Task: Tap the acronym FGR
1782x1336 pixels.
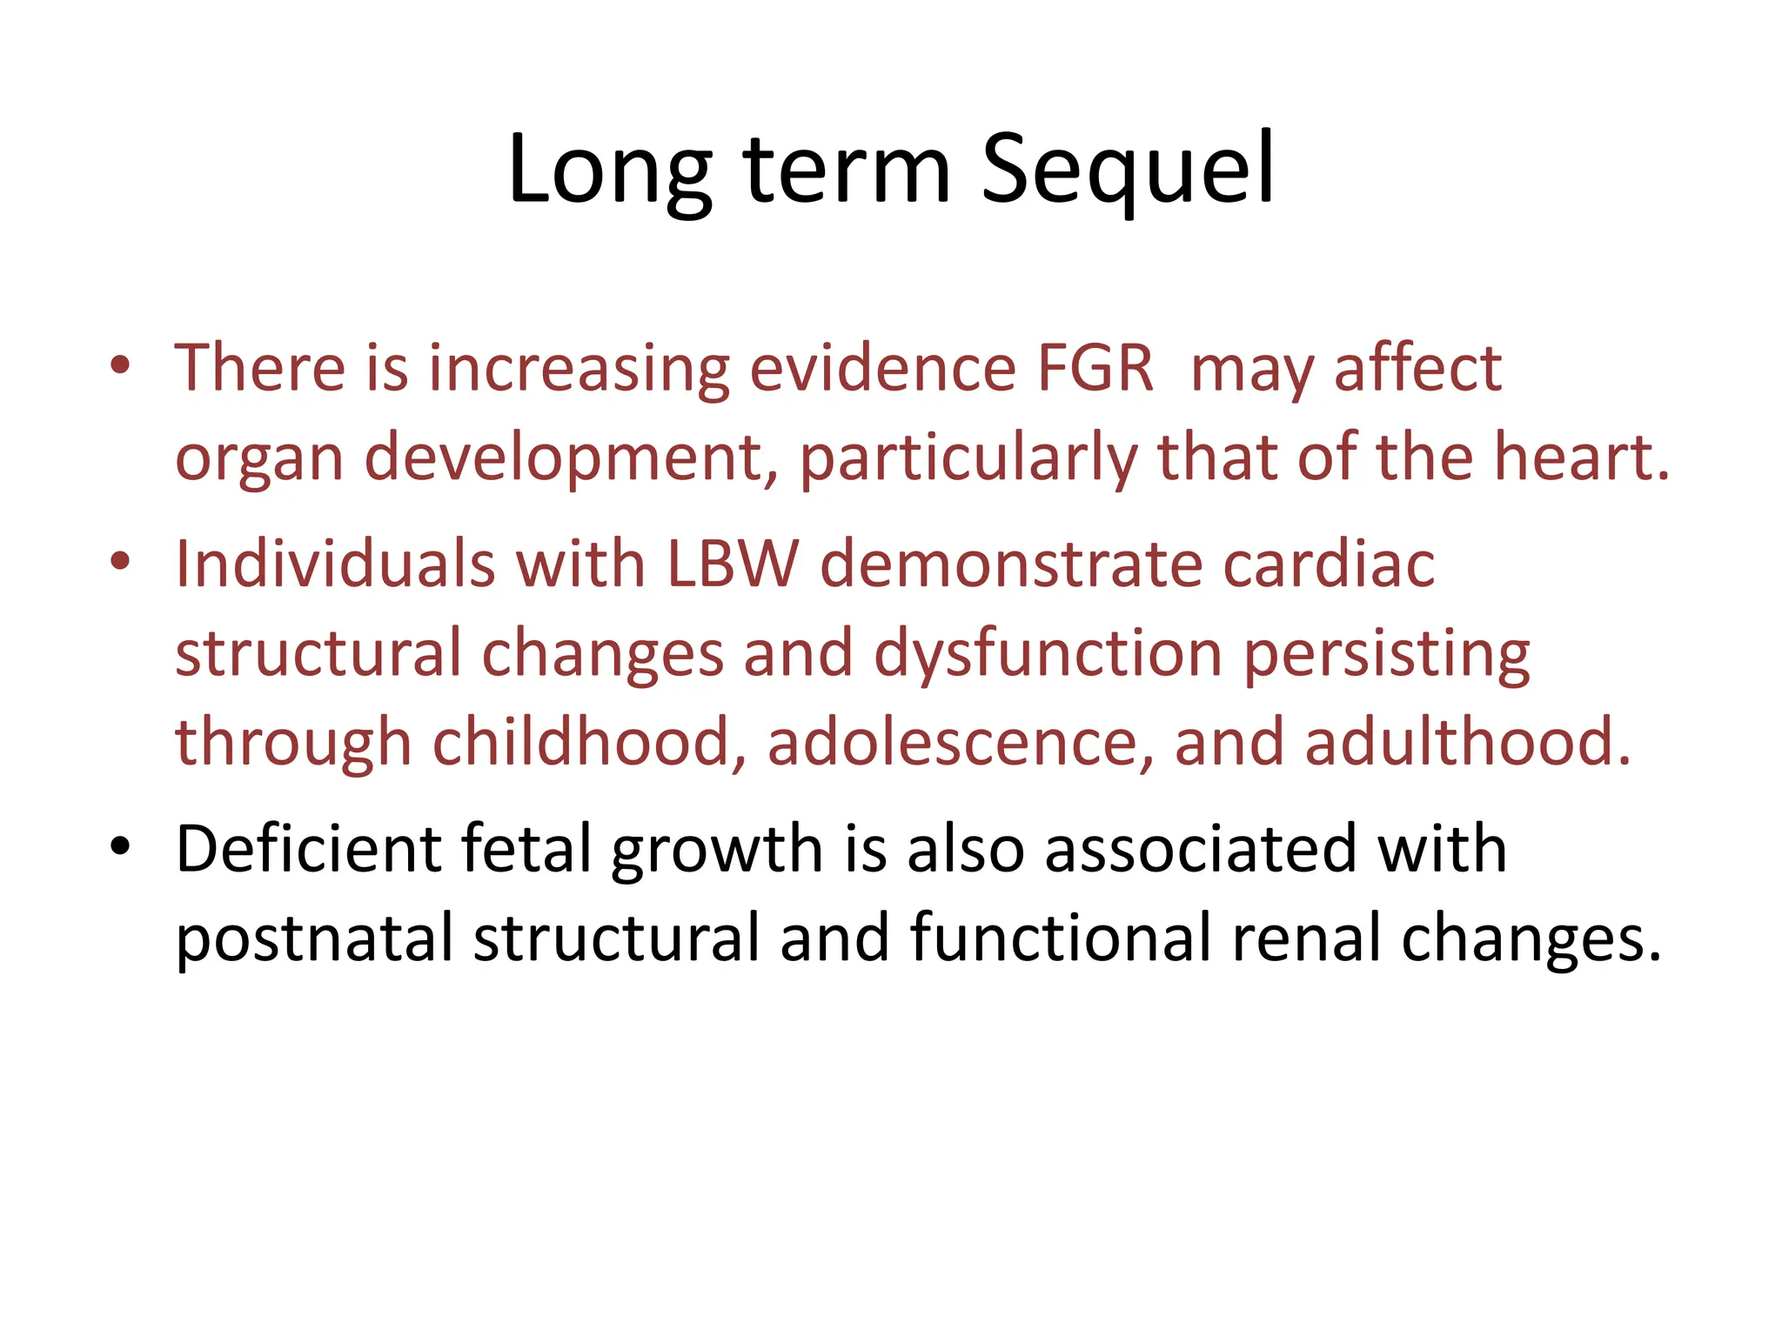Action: coord(1095,369)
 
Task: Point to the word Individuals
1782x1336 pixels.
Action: coord(336,564)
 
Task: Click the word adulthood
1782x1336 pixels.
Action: coord(1467,743)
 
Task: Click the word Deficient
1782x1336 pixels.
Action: coord(308,849)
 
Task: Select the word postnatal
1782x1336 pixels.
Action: coord(315,939)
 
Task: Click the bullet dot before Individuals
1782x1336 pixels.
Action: coord(120,561)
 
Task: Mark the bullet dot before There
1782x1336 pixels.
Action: coord(120,364)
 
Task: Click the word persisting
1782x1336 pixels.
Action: coord(1387,654)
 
